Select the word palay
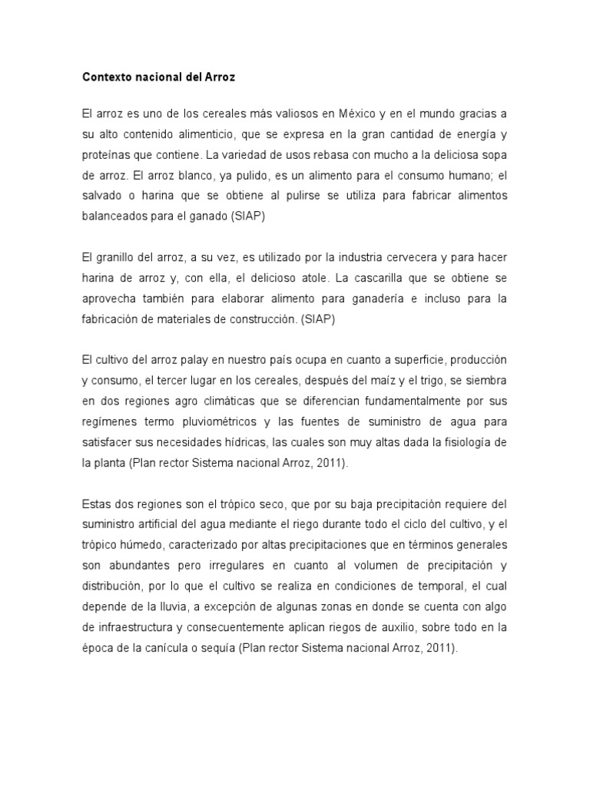click(194, 360)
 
